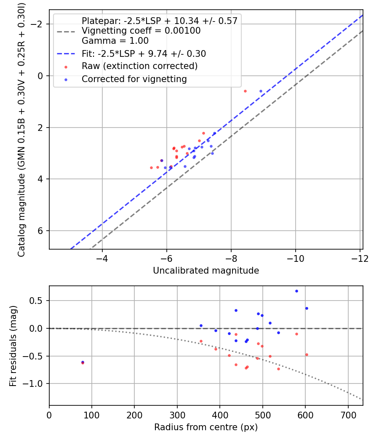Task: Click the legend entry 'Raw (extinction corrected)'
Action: (139, 67)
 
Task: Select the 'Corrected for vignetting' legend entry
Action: (134, 79)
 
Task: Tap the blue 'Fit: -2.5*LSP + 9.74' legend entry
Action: (144, 54)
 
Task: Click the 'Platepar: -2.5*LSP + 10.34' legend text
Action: (160, 21)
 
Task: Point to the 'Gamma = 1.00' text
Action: (115, 41)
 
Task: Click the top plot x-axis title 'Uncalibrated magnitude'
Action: (206, 271)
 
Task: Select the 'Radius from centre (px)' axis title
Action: (206, 427)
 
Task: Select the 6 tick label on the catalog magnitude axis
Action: (41, 231)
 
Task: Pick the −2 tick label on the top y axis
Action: (39, 24)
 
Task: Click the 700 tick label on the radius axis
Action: (348, 415)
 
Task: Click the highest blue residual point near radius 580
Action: (296, 291)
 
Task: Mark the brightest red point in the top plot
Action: (245, 91)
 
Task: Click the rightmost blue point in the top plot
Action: (261, 91)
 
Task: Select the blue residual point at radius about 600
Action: (307, 308)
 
